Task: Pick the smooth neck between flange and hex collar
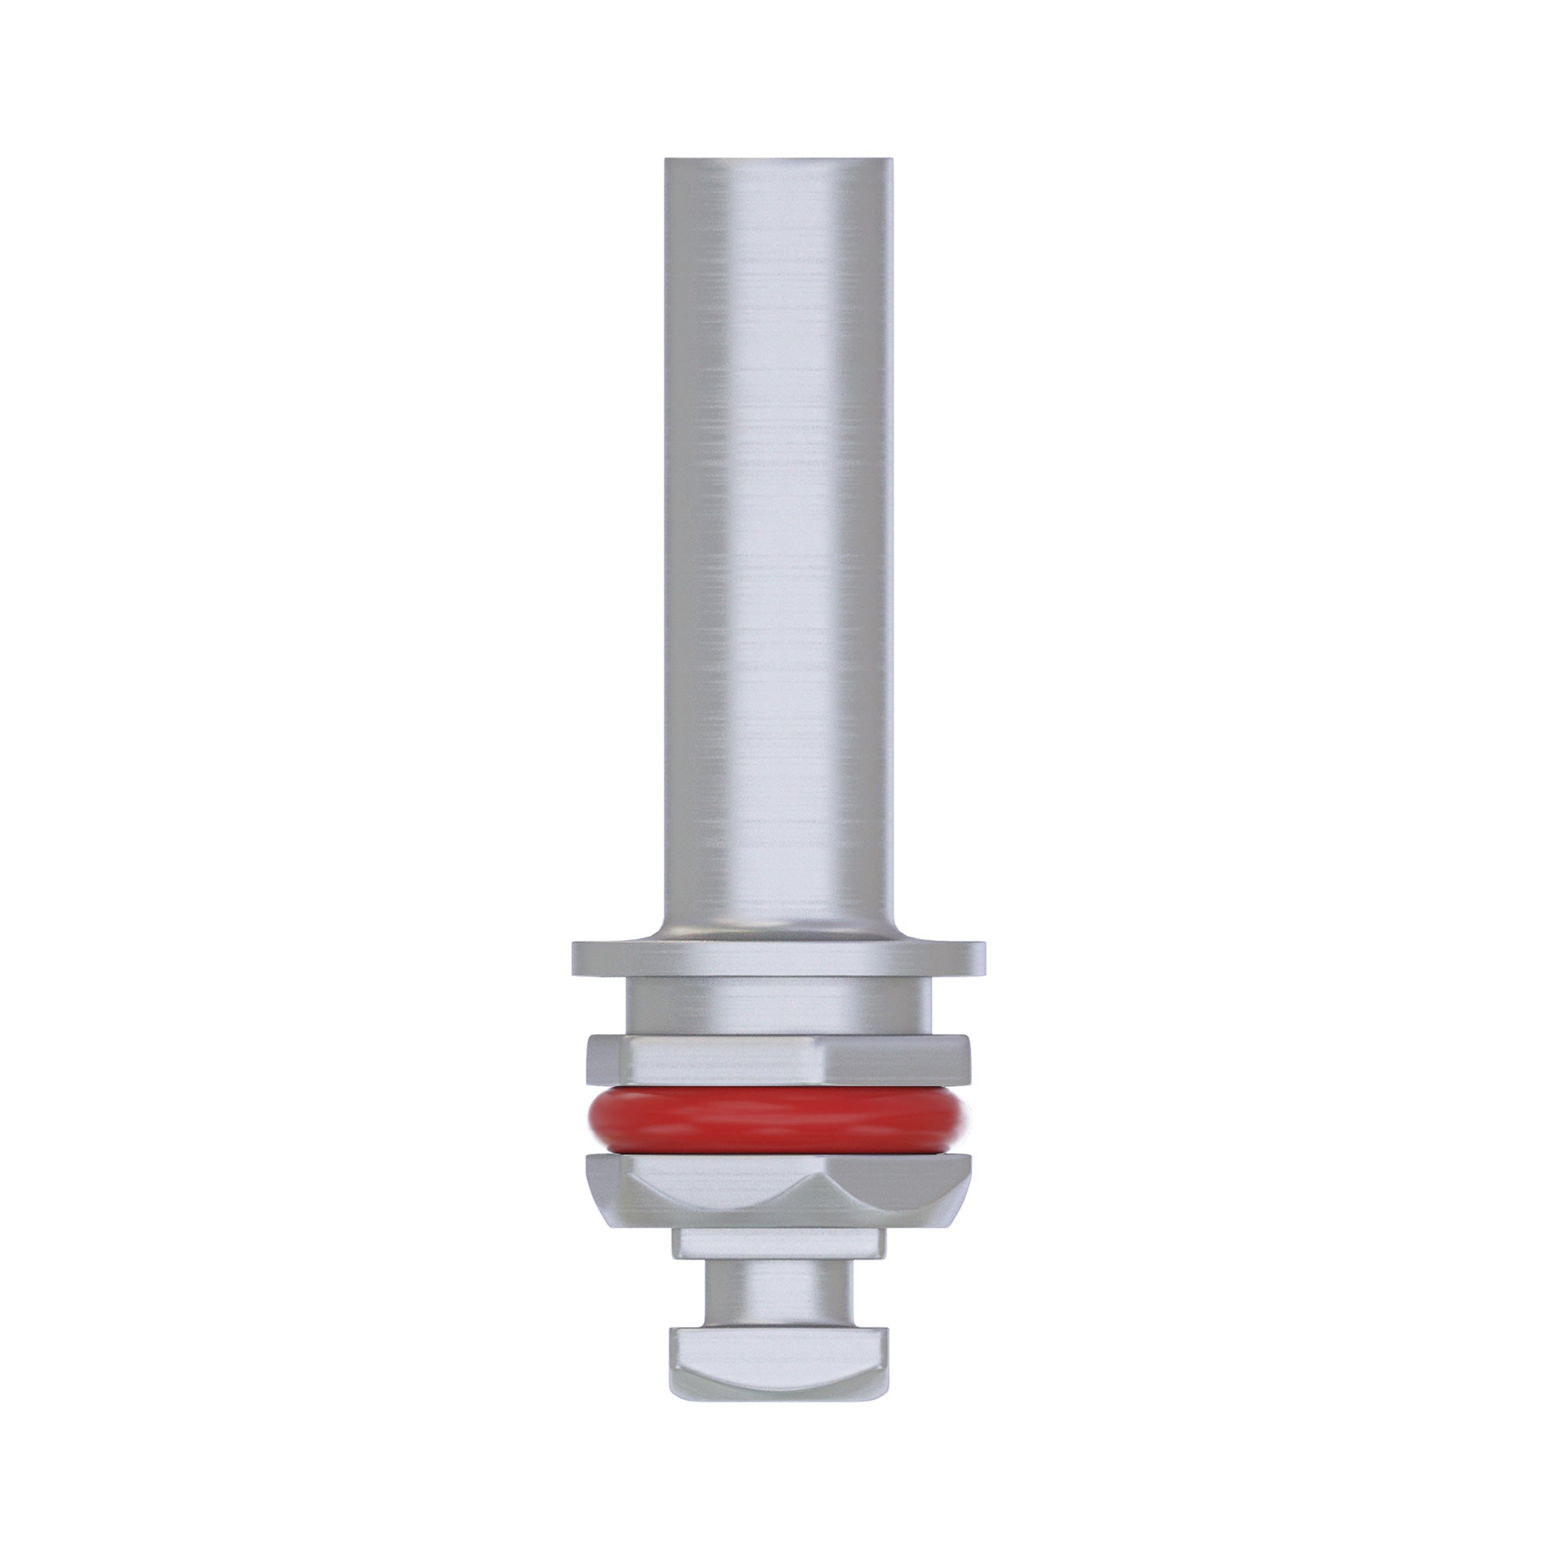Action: [x=778, y=1006]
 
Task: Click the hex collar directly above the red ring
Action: [x=778, y=1058]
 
